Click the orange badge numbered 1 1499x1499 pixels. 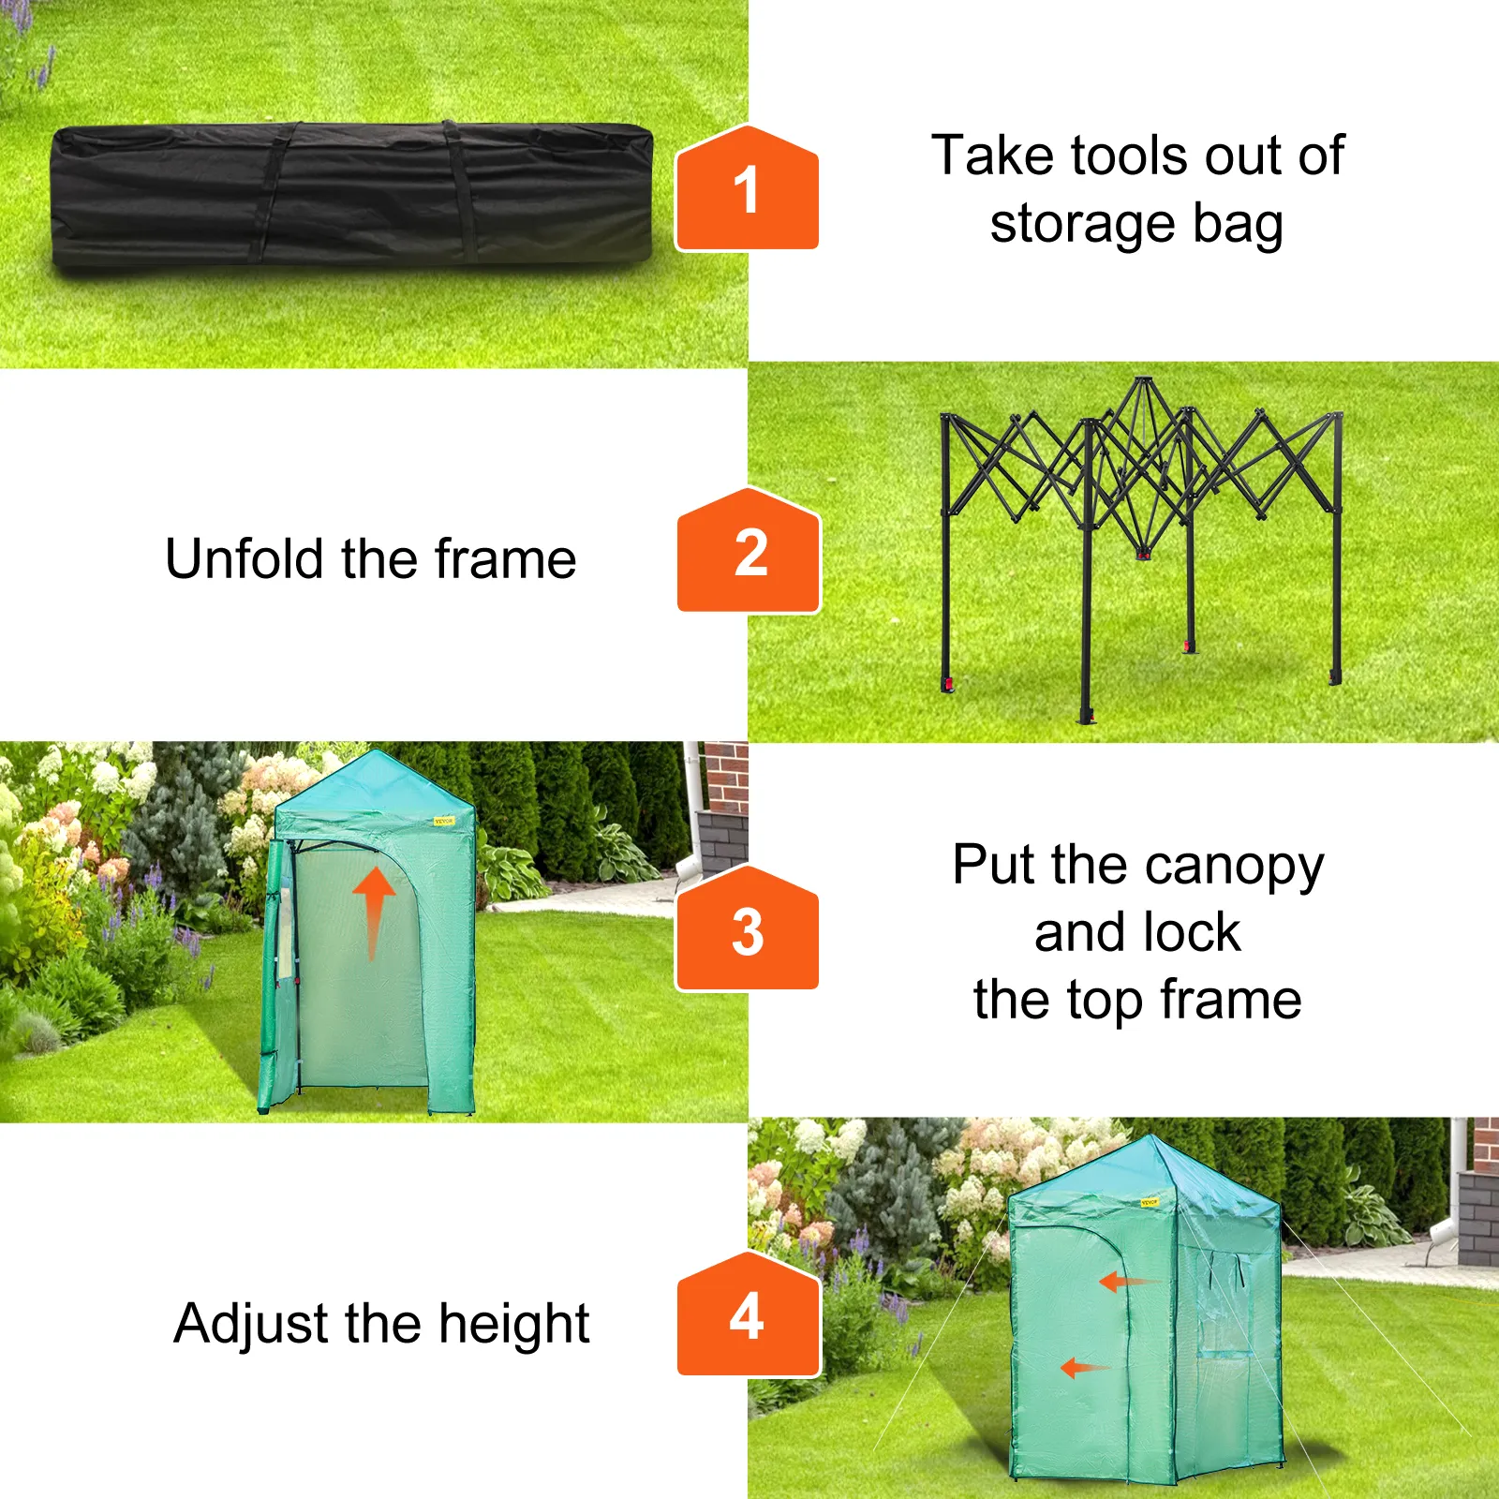tap(747, 187)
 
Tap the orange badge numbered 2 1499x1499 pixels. tap(749, 550)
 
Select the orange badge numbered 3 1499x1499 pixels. tap(747, 928)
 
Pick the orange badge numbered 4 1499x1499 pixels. tap(749, 1313)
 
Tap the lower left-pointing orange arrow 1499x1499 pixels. tap(1085, 1368)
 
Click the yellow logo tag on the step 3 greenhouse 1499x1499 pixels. tap(443, 821)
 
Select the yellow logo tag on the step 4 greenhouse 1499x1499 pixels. tap(1150, 1202)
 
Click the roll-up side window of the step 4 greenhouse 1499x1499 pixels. tap(1224, 1302)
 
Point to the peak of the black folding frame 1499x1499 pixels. tap(1143, 379)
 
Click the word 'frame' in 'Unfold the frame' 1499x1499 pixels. tap(505, 558)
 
